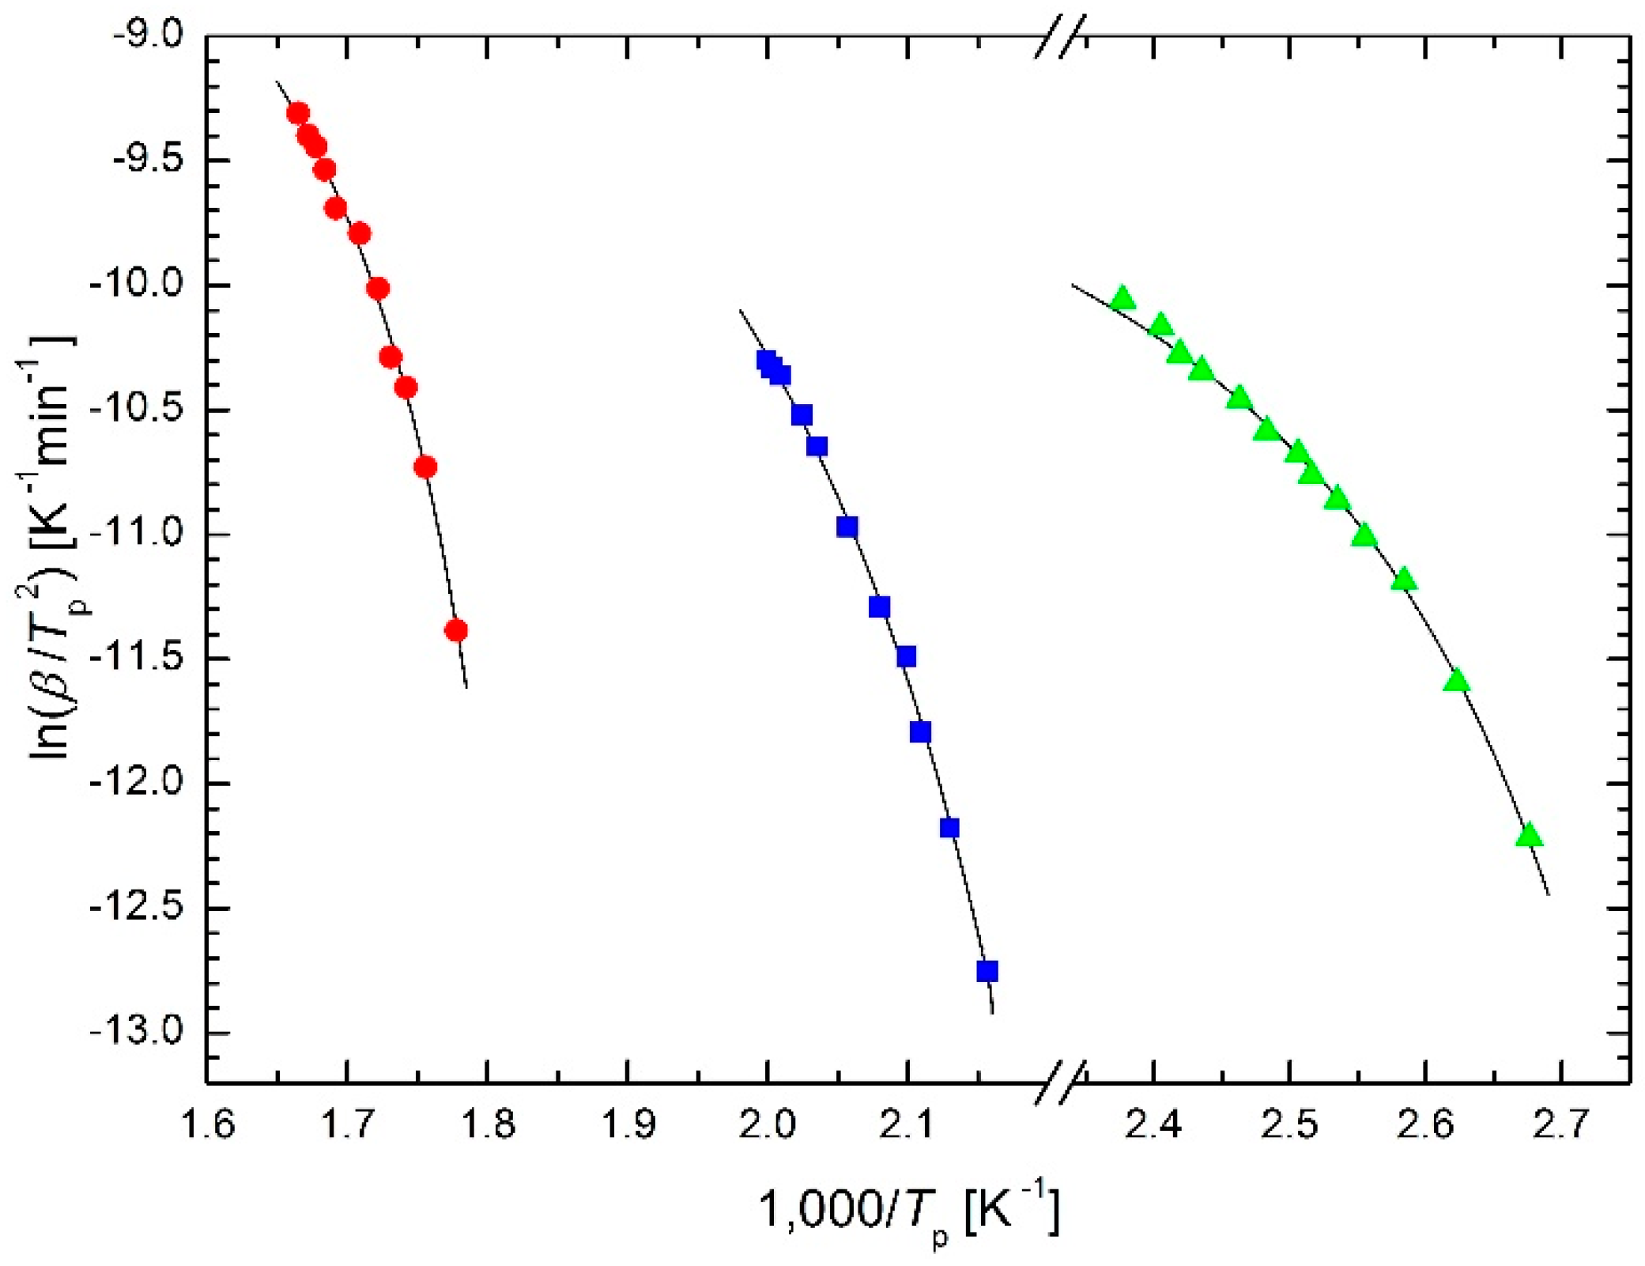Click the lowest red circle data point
coord(456,630)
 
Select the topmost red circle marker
coord(298,114)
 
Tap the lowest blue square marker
coord(987,970)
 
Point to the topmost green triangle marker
coord(1122,299)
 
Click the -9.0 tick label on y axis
coord(148,36)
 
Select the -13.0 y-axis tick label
coord(138,1032)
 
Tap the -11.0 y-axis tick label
coord(138,535)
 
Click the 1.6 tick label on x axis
coord(208,1124)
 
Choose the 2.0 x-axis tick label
coord(768,1124)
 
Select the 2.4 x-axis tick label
coord(1153,1124)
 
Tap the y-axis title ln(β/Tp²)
coord(52,546)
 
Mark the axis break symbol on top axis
coord(1061,36)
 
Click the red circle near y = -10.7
coord(425,467)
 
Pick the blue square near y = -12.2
coord(949,828)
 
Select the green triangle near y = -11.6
coord(1456,681)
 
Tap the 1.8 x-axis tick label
coord(488,1124)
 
